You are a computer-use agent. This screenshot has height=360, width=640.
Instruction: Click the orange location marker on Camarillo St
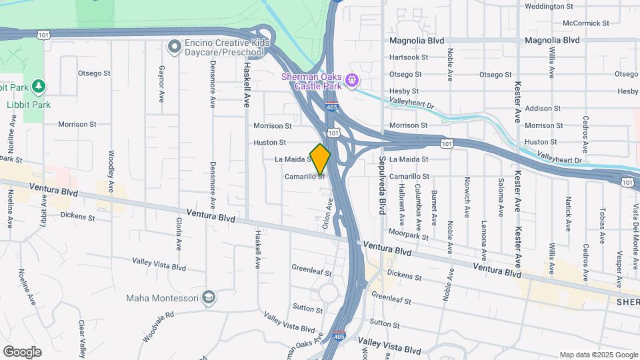(320, 159)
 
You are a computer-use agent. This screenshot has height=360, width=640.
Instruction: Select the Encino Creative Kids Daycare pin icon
(174, 47)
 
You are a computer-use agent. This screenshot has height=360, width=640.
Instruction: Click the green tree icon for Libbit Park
(39, 86)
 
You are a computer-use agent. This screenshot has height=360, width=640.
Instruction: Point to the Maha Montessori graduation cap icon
(209, 297)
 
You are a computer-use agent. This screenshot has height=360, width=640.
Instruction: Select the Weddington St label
(549, 6)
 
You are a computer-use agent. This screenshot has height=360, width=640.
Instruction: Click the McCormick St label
(587, 23)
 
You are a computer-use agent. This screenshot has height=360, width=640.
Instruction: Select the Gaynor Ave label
(161, 83)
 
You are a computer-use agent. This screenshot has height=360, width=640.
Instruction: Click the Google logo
(22, 351)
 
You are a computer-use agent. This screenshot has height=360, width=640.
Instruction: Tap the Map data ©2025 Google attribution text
(597, 355)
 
